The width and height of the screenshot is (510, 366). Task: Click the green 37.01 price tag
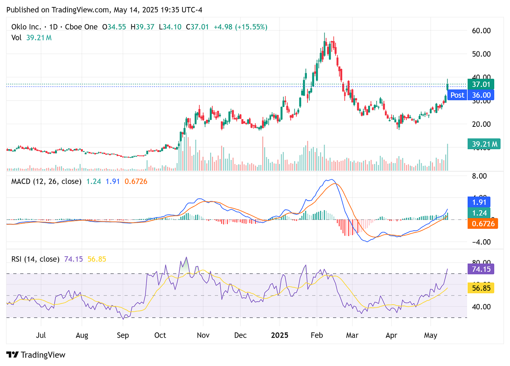tap(481, 84)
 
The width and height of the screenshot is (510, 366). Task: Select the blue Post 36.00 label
tap(471, 95)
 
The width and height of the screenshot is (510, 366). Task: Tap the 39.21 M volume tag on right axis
tap(484, 144)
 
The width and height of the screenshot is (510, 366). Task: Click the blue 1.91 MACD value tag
tap(479, 202)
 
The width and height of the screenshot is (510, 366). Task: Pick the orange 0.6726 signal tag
tap(483, 223)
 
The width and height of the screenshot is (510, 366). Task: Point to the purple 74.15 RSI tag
tap(481, 269)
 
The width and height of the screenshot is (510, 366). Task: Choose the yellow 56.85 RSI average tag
tap(481, 288)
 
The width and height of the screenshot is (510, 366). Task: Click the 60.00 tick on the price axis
tap(481, 31)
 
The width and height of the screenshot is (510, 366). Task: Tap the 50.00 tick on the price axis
tap(481, 54)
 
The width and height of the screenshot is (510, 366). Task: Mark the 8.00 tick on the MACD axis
tap(479, 176)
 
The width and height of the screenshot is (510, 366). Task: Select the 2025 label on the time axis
tap(280, 335)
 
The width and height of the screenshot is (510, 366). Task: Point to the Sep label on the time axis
tap(123, 335)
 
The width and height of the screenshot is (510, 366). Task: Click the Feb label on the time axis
tap(317, 335)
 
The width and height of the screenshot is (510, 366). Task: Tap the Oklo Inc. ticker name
tap(26, 27)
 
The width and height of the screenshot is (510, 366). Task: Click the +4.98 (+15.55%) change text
tap(240, 27)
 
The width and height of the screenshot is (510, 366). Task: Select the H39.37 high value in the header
tap(142, 27)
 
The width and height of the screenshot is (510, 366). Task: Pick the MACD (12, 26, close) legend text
tap(46, 181)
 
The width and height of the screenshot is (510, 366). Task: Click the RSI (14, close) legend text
tap(35, 259)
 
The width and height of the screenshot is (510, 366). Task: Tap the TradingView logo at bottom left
tap(36, 355)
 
